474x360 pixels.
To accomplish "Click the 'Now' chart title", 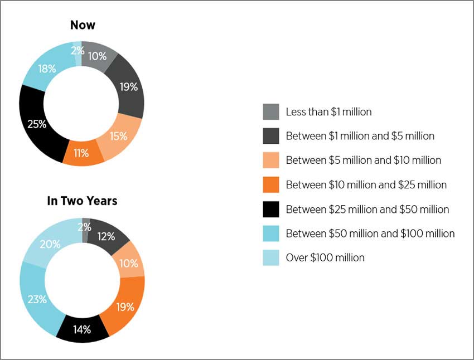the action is pyautogui.click(x=83, y=25).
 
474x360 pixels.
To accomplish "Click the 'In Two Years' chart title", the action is pyautogui.click(x=82, y=201).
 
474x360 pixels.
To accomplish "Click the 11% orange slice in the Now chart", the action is pyautogui.click(x=81, y=153).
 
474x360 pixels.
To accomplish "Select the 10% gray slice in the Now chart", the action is pyautogui.click(x=98, y=56).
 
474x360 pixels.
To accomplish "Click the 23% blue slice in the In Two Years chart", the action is pyautogui.click(x=37, y=300).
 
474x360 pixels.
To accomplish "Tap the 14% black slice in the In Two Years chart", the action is pyautogui.click(x=82, y=329).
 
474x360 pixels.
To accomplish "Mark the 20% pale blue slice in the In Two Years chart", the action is pyautogui.click(x=50, y=244).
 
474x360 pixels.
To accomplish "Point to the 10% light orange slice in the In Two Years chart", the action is pyautogui.click(x=129, y=262).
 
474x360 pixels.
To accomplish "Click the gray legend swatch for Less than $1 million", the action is pyautogui.click(x=271, y=112).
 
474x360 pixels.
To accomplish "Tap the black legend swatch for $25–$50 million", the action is pyautogui.click(x=271, y=210).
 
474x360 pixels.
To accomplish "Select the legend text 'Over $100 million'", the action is pyautogui.click(x=325, y=257).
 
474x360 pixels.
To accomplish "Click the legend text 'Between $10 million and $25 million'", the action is pyautogui.click(x=366, y=184).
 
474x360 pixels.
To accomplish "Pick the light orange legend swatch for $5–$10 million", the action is pyautogui.click(x=271, y=160).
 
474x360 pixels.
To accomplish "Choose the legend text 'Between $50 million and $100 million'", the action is pyautogui.click(x=370, y=233).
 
